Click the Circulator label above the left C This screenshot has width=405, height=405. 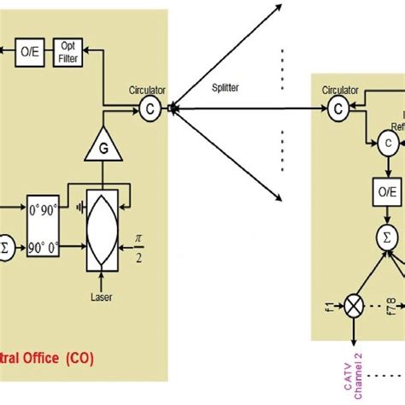147,88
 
